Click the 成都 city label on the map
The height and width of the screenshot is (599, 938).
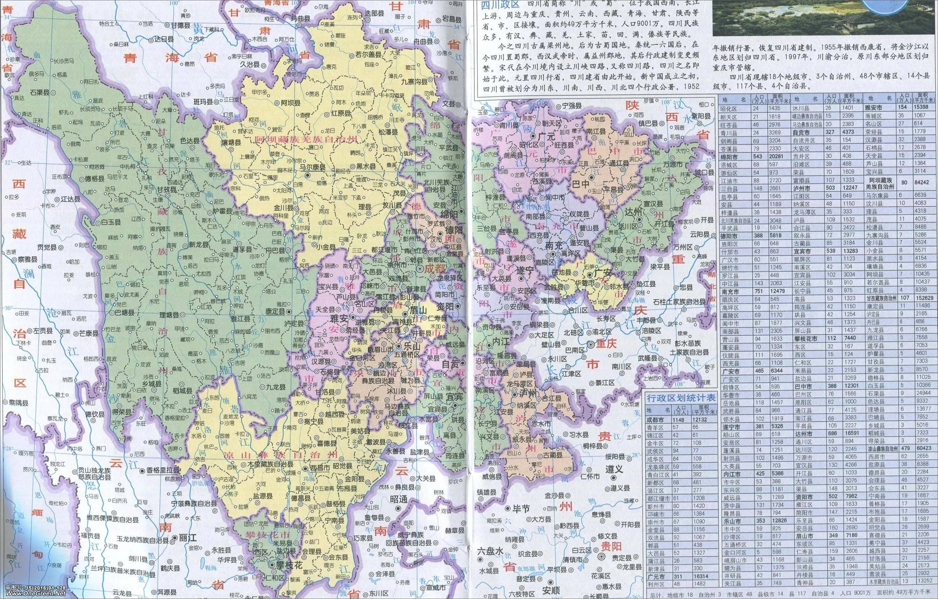(434, 268)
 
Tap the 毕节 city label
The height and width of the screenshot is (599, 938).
(521, 509)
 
